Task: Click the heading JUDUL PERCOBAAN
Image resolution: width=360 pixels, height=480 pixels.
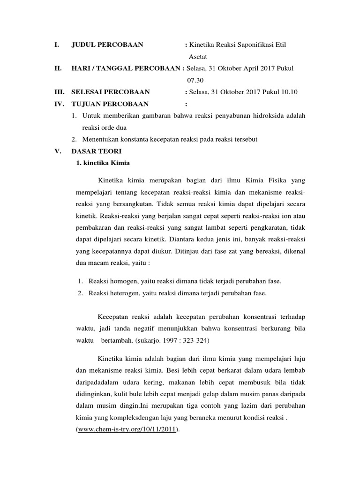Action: (x=107, y=45)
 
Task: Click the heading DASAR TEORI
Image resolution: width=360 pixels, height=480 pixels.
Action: (x=96, y=151)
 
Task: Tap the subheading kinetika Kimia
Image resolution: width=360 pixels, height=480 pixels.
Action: (x=102, y=163)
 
